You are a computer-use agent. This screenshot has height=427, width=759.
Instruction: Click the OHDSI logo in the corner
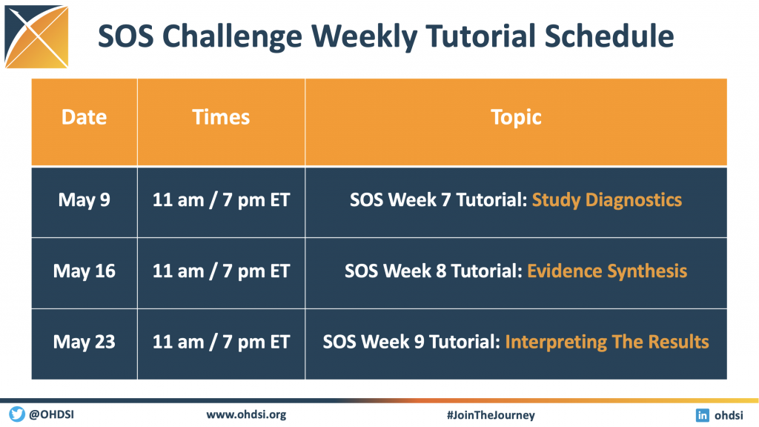[x=36, y=37]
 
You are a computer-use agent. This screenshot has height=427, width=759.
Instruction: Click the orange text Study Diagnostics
[x=607, y=200]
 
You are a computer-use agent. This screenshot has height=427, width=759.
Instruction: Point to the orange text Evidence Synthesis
[x=607, y=271]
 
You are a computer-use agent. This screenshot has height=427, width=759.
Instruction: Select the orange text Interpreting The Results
[x=607, y=342]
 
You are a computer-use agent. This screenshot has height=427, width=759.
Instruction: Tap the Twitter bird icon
[x=17, y=414]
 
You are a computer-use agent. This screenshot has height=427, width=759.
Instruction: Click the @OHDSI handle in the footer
[x=51, y=415]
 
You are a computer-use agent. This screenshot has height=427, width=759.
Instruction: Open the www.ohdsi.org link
[x=246, y=415]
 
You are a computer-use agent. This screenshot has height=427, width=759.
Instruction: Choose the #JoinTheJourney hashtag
[x=491, y=415]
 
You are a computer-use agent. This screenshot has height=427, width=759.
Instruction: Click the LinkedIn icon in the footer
[x=703, y=415]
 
